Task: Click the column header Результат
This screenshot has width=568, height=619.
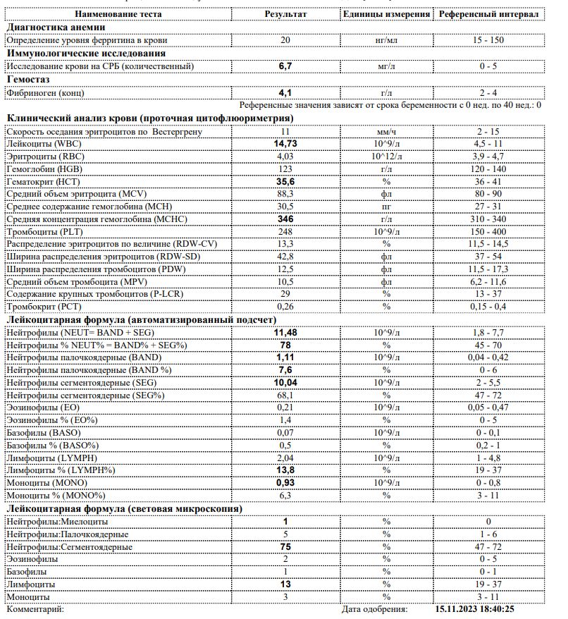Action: tap(285, 14)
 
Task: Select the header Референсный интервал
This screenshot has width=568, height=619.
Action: tap(488, 14)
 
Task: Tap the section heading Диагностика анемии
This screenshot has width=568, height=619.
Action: tap(56, 27)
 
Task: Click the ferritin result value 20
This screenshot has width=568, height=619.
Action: tap(285, 40)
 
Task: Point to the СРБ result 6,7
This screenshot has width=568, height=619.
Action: tap(285, 66)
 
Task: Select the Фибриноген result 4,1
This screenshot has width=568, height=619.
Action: tap(285, 92)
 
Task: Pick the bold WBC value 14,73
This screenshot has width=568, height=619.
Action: tap(285, 144)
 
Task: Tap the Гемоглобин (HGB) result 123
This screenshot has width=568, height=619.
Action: tap(285, 169)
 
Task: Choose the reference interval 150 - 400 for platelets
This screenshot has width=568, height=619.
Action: tap(488, 231)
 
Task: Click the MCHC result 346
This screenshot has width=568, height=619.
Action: tap(285, 219)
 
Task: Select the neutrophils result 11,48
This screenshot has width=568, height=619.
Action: tap(285, 332)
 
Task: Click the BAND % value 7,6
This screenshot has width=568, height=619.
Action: tap(285, 370)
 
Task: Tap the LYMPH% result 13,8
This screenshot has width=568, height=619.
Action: tap(285, 470)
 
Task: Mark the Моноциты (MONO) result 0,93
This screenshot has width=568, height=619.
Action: tap(285, 483)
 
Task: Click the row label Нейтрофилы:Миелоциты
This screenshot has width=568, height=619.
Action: tap(57, 521)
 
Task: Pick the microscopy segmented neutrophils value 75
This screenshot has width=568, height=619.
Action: tap(285, 546)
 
